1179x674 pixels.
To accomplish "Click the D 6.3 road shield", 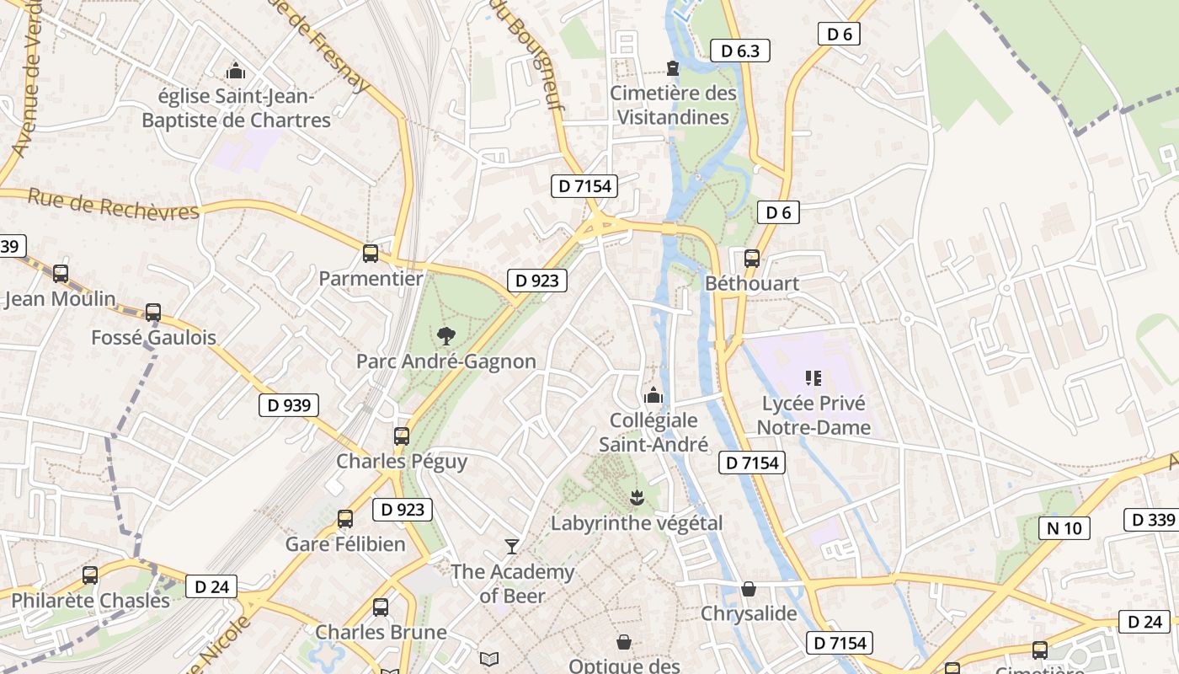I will tap(739, 51).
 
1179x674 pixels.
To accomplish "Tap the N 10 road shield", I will tap(1064, 528).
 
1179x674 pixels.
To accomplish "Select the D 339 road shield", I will tap(1150, 520).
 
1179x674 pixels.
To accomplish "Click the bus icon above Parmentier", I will tap(370, 253).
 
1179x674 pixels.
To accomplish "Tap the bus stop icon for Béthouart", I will tap(751, 259).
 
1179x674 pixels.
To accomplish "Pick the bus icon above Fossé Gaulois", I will tap(152, 313).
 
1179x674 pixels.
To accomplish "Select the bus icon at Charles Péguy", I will tap(402, 436).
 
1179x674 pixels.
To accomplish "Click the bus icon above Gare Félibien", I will tap(345, 519).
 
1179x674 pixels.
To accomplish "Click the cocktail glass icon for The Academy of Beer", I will tap(511, 547).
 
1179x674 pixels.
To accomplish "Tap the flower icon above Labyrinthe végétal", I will tap(637, 498).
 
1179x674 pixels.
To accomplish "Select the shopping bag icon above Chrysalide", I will tap(748, 589).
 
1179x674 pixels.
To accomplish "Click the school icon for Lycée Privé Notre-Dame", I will tap(813, 378).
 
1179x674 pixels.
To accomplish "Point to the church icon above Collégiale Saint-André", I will tap(653, 394).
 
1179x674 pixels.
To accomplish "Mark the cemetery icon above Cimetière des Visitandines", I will tap(673, 67).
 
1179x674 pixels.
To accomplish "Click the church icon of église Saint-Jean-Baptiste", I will tap(236, 71).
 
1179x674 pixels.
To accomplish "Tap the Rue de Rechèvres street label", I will tap(114, 205).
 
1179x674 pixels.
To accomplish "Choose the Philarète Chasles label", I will tap(90, 601).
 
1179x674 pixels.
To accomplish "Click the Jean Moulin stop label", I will tap(60, 299).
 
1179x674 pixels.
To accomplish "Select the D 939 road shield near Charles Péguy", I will tap(289, 405).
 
